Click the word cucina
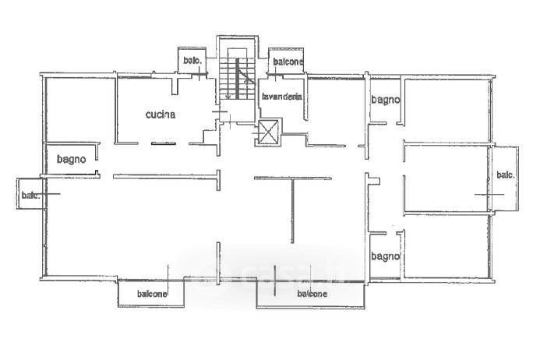click(161, 115)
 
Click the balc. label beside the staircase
click(191, 61)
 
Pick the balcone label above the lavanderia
click(288, 61)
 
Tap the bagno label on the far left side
click(70, 159)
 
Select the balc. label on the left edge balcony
click(30, 195)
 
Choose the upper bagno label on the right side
click(385, 100)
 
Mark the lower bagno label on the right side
click(385, 256)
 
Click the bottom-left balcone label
click(152, 294)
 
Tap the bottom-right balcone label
click(312, 294)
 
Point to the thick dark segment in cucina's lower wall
click(164, 143)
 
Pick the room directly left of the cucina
click(78, 109)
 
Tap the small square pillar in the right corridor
click(375, 181)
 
